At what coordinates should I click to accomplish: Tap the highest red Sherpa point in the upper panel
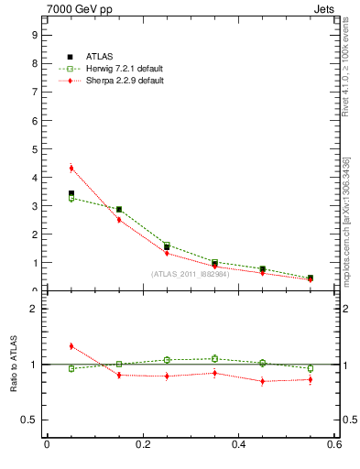(x=71, y=168)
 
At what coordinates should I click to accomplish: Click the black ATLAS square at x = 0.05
(x=71, y=193)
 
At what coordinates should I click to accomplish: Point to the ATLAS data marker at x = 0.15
(x=119, y=210)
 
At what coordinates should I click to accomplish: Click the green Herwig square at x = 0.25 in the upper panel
(x=167, y=245)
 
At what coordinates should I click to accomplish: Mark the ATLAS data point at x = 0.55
(x=311, y=278)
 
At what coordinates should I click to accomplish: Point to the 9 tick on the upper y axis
(x=34, y=35)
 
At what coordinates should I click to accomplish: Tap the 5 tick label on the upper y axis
(x=34, y=148)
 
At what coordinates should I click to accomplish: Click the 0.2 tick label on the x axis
(x=142, y=446)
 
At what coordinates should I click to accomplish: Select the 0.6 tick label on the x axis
(x=334, y=446)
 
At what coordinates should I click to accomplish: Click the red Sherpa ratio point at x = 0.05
(x=71, y=345)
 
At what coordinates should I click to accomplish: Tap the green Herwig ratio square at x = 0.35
(x=214, y=358)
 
